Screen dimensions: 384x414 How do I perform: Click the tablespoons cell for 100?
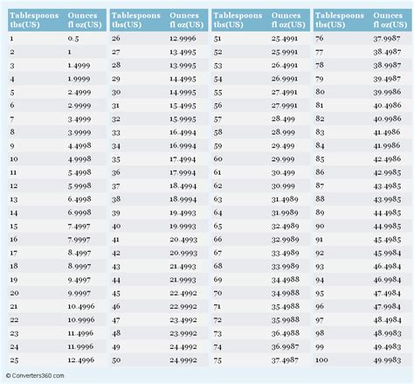[x=321, y=360]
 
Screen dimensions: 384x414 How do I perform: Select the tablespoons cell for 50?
[x=116, y=360]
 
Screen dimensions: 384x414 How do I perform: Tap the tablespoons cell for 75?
[x=218, y=360]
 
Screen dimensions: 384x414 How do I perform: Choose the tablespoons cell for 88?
[x=320, y=199]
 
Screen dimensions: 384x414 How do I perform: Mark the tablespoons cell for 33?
[x=116, y=133]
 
